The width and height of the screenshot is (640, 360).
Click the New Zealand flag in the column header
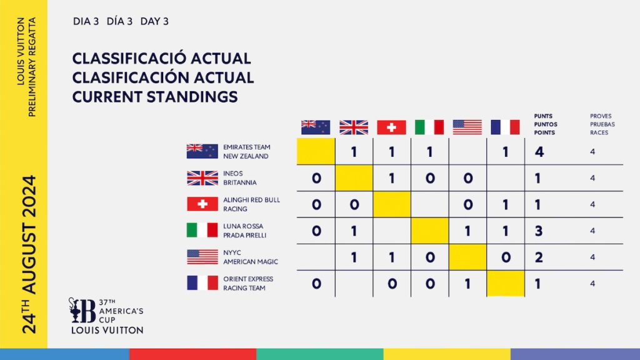click(x=316, y=127)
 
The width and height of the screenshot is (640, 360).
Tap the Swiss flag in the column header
click(x=391, y=127)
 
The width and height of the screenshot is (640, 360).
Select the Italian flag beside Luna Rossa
click(x=202, y=230)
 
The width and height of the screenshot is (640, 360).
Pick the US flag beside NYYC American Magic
click(x=202, y=257)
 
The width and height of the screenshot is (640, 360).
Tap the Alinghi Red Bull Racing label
click(x=251, y=204)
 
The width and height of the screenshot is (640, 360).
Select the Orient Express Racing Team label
click(x=248, y=283)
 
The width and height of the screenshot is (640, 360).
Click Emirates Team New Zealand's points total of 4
click(x=539, y=152)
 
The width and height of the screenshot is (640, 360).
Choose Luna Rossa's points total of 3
click(x=539, y=231)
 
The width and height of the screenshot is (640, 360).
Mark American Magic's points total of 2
click(x=539, y=257)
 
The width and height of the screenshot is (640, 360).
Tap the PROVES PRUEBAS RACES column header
click(x=602, y=124)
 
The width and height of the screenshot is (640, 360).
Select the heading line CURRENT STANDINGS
click(x=155, y=97)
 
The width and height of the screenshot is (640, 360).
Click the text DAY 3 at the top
click(x=154, y=21)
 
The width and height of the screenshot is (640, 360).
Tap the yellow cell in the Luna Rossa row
click(x=429, y=231)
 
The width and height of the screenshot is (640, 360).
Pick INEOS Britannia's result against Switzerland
click(x=392, y=178)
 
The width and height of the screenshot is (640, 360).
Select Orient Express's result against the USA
click(x=467, y=283)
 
